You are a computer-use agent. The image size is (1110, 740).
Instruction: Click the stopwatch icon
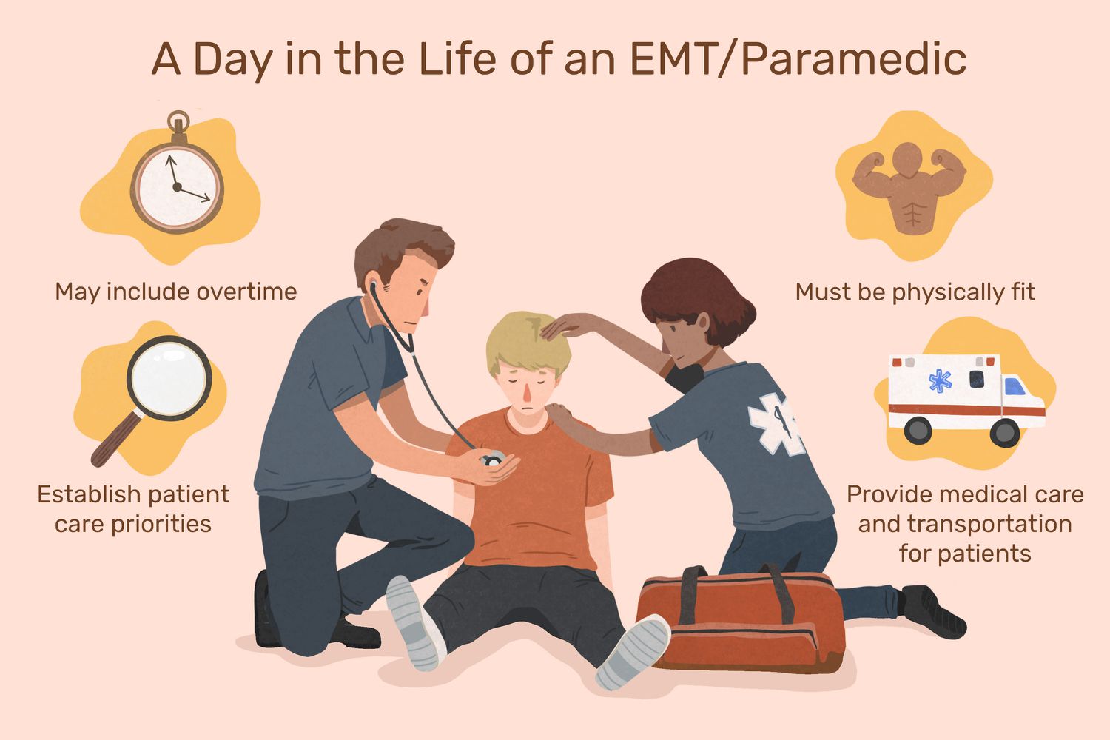pos(177,186)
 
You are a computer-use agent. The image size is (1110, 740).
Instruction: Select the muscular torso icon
pos(909,188)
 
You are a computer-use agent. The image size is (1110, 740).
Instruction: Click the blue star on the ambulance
pos(940,381)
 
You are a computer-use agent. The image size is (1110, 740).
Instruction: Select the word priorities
pos(161,524)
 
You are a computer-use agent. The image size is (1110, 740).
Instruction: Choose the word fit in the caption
pos(1023,292)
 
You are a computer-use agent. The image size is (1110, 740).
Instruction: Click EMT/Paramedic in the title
pos(798,60)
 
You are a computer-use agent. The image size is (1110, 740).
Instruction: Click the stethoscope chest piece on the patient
pos(492,460)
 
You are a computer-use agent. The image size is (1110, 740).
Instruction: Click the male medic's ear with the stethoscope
pos(375,289)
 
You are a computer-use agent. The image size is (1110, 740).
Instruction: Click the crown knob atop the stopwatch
pos(178,121)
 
